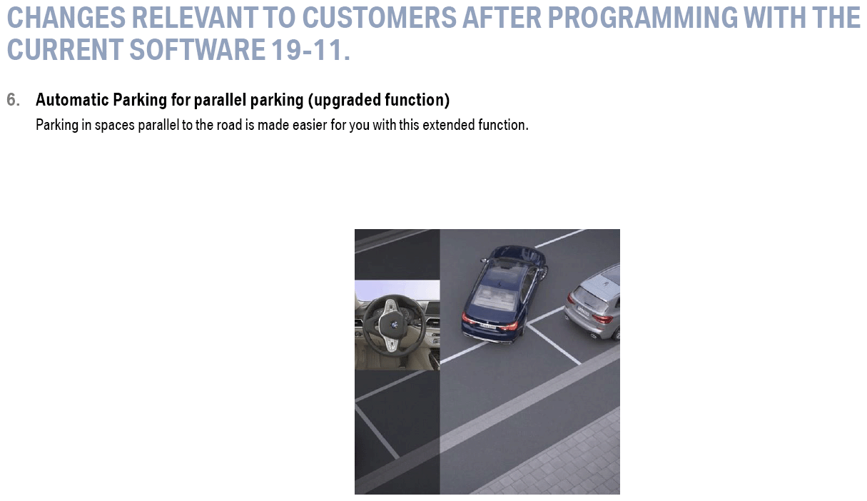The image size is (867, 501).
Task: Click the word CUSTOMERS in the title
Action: pyautogui.click(x=379, y=18)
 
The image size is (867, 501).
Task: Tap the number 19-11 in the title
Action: pyautogui.click(x=308, y=50)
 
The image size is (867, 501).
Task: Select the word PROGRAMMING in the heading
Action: pyautogui.click(x=643, y=18)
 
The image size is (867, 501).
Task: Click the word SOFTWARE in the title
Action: pyautogui.click(x=197, y=50)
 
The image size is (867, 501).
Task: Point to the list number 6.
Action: pyautogui.click(x=13, y=100)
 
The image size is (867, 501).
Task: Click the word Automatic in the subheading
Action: pyautogui.click(x=72, y=100)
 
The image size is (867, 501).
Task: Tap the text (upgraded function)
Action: pyautogui.click(x=379, y=100)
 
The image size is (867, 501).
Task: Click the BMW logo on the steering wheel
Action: pyautogui.click(x=395, y=325)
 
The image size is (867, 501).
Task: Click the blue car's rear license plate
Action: pyautogui.click(x=487, y=326)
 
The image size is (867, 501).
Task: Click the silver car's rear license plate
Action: pyautogui.click(x=583, y=310)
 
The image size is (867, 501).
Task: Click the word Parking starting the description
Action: pyautogui.click(x=57, y=125)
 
